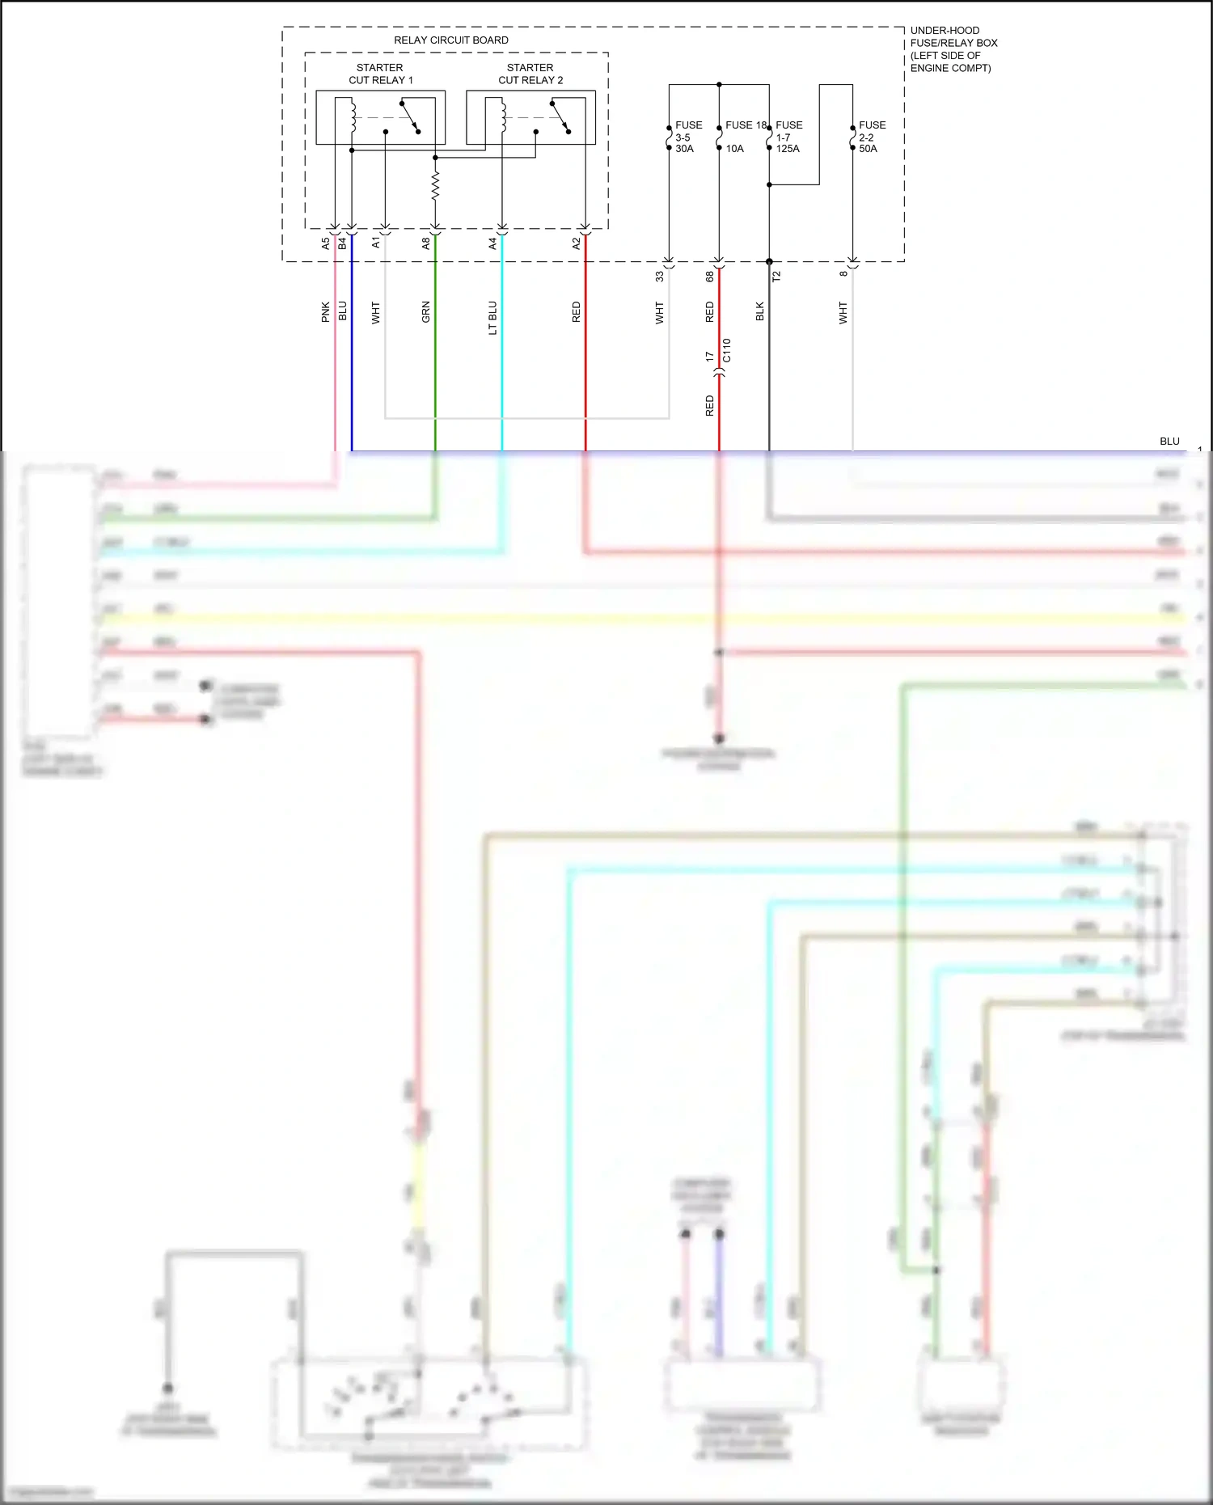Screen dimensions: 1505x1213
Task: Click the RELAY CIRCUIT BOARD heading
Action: pos(450,40)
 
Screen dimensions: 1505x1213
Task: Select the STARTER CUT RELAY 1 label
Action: pos(380,74)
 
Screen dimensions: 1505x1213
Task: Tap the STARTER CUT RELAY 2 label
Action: pos(530,74)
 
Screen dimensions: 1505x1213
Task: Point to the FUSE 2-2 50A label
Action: pos(871,137)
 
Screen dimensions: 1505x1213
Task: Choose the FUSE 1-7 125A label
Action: pos(788,137)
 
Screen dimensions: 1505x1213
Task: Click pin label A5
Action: pos(326,243)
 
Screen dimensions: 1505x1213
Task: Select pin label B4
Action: pos(343,243)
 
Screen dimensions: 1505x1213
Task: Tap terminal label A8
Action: pos(426,243)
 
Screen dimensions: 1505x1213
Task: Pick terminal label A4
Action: pos(493,243)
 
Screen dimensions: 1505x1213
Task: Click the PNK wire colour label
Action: pos(326,312)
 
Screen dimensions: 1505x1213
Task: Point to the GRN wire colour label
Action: pos(426,312)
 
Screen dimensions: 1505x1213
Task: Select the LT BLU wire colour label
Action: pos(493,318)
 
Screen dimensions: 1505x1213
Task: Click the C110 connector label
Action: pos(726,350)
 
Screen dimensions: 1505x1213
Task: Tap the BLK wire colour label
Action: pos(760,311)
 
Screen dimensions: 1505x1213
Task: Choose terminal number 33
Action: pos(660,276)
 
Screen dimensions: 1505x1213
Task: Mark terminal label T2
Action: pos(777,276)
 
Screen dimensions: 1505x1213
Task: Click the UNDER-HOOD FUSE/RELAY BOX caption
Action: pos(953,49)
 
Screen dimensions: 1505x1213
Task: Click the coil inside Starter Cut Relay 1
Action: pos(353,116)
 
